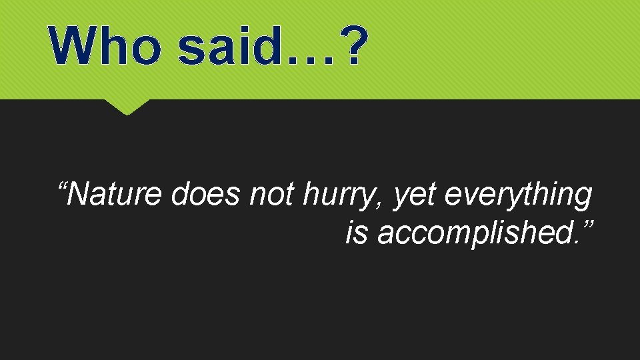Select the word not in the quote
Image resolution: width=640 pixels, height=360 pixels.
coord(272,195)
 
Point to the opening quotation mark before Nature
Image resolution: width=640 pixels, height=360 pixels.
coord(62,185)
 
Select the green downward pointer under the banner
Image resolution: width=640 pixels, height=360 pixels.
coord(127,107)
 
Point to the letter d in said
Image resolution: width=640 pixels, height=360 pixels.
coord(265,45)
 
